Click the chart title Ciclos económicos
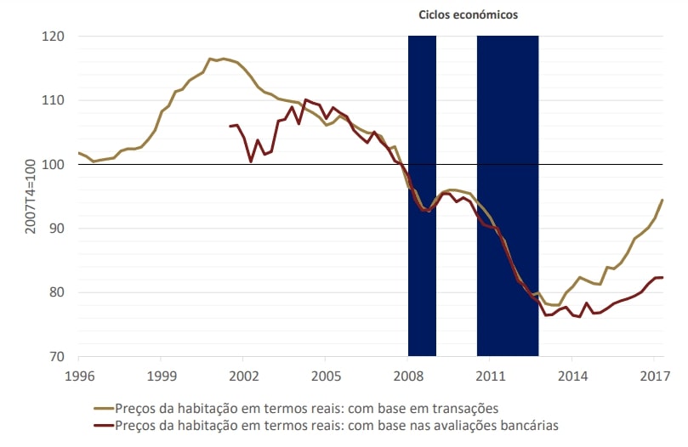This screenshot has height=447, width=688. [x=468, y=14]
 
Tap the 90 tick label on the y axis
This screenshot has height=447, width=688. [x=58, y=229]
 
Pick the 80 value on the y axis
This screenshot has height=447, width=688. [x=58, y=292]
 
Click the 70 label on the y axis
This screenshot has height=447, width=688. [x=58, y=357]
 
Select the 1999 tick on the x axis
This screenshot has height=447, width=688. [x=161, y=374]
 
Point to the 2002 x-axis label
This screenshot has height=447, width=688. [x=243, y=374]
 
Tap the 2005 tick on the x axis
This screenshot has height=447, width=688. [x=326, y=374]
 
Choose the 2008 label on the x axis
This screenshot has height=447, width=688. [x=408, y=374]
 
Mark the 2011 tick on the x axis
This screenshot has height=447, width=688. [x=491, y=374]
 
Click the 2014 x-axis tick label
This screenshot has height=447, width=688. [x=573, y=374]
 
